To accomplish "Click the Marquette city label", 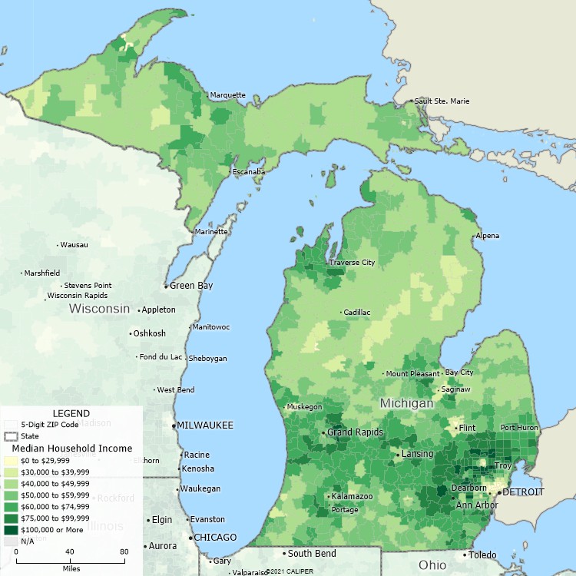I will [x=228, y=95].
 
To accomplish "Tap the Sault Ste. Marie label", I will [x=442, y=101].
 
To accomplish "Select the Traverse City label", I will [x=352, y=263].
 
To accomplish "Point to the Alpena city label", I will [x=488, y=235].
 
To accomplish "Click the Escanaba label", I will [x=248, y=172].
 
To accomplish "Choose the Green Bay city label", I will [x=191, y=286].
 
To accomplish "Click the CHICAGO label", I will [x=215, y=538].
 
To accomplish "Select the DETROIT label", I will [x=523, y=492].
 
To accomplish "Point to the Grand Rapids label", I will [x=355, y=432].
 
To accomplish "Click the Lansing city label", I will [x=417, y=454].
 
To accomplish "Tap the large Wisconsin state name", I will [x=99, y=309].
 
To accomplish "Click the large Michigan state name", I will [x=406, y=403].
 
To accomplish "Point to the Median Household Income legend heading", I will [x=71, y=449].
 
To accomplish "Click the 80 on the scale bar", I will [x=124, y=552].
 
